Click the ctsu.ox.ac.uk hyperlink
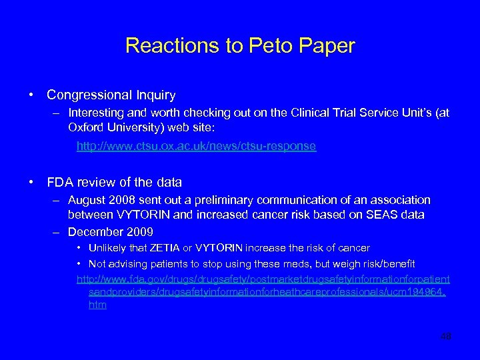pyautogui.click(x=196, y=146)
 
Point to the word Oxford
pyautogui.click(x=85, y=126)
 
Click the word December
pyautogui.click(x=93, y=232)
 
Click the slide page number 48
pyautogui.click(x=445, y=337)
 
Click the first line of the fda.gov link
pyautogui.click(x=263, y=279)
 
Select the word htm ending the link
pyautogui.click(x=97, y=305)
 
